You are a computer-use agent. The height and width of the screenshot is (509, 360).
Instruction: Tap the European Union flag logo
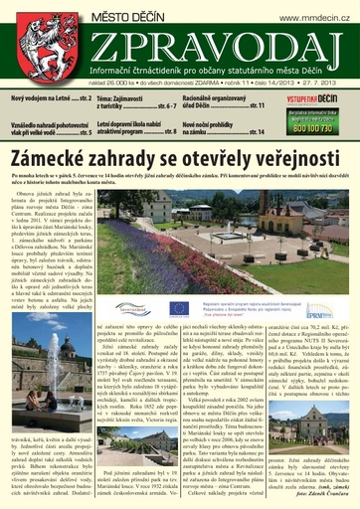pyautogui.click(x=178, y=309)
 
